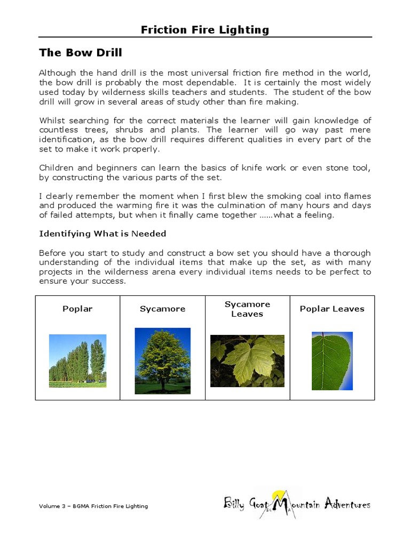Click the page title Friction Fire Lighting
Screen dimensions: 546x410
coord(205,30)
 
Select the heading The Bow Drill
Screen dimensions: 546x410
coord(81,53)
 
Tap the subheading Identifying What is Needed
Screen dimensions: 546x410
coord(102,234)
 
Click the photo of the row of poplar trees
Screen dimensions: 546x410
coord(77,360)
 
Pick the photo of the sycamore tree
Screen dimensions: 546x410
coord(162,360)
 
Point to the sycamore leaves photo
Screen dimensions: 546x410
coord(247,361)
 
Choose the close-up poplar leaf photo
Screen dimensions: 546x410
coord(332,360)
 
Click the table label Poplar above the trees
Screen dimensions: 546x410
coord(77,309)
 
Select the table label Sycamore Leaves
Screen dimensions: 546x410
coord(247,309)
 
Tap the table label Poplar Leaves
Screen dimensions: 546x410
coord(332,309)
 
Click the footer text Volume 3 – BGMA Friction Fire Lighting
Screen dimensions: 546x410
coord(93,506)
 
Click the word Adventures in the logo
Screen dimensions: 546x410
coord(346,504)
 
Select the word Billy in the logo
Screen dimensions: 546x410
coord(234,504)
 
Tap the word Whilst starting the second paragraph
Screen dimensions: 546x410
coord(52,121)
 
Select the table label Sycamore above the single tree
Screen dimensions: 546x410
coord(162,309)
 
